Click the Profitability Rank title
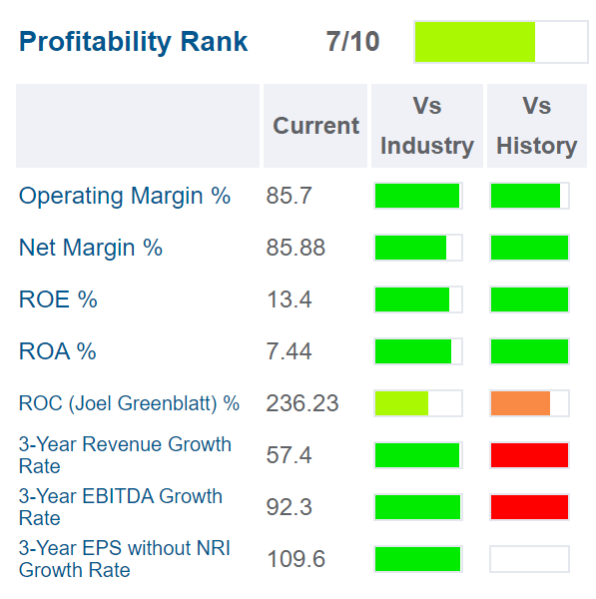[134, 42]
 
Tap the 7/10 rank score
[352, 42]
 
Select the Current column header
[315, 126]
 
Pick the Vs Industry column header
[426, 126]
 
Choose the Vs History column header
[536, 126]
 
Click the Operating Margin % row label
[125, 196]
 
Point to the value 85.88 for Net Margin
[296, 248]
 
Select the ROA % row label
[58, 351]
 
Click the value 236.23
[301, 403]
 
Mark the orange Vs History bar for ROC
[521, 403]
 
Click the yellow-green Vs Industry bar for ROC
[401, 403]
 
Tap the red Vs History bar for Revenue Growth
[529, 455]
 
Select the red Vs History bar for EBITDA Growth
[529, 507]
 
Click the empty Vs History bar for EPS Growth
[529, 559]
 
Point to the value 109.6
[296, 559]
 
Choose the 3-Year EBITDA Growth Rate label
[120, 507]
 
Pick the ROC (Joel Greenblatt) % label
[129, 403]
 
